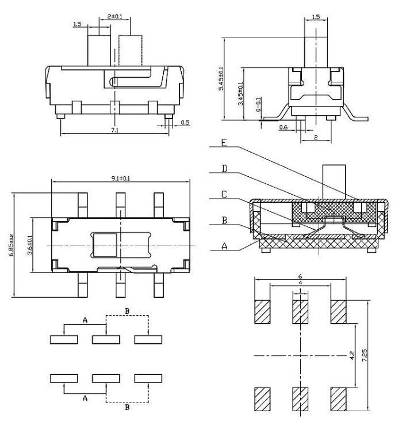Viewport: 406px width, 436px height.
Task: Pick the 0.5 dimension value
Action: click(185, 122)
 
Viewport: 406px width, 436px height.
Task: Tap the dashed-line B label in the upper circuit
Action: click(128, 311)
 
